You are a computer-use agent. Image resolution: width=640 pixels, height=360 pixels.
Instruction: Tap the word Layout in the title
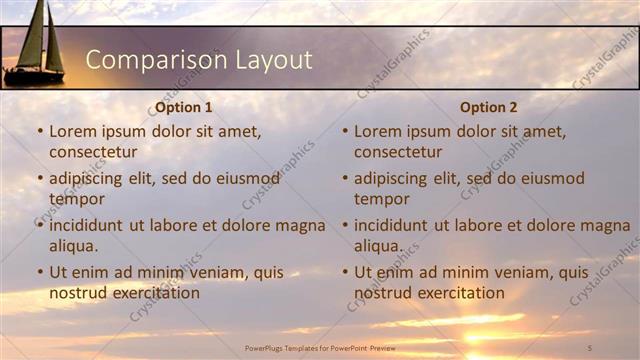coord(274,60)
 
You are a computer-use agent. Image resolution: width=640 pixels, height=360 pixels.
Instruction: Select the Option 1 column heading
coord(184,107)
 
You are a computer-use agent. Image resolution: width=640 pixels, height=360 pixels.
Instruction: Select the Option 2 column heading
coord(489,107)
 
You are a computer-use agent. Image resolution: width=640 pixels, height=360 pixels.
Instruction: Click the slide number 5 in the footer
coord(590,347)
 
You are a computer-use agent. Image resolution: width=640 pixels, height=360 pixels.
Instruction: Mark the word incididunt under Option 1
coord(86,225)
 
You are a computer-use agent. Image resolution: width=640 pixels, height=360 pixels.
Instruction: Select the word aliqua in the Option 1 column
coord(73,246)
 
